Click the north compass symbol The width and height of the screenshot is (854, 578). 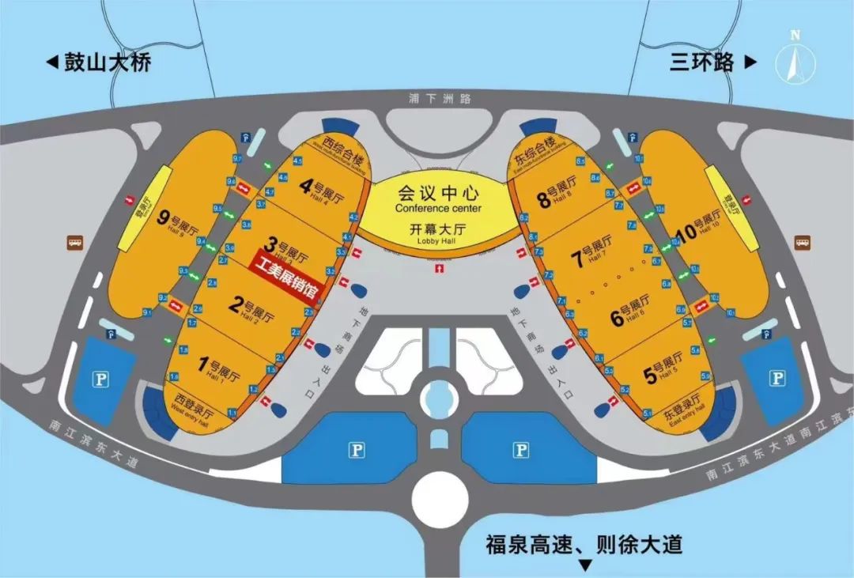pos(795,57)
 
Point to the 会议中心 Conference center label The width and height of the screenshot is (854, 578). pos(438,198)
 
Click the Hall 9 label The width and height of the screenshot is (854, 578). pos(175,221)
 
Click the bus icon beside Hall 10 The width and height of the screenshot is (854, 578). pos(804,241)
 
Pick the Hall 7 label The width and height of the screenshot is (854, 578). pos(591,253)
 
